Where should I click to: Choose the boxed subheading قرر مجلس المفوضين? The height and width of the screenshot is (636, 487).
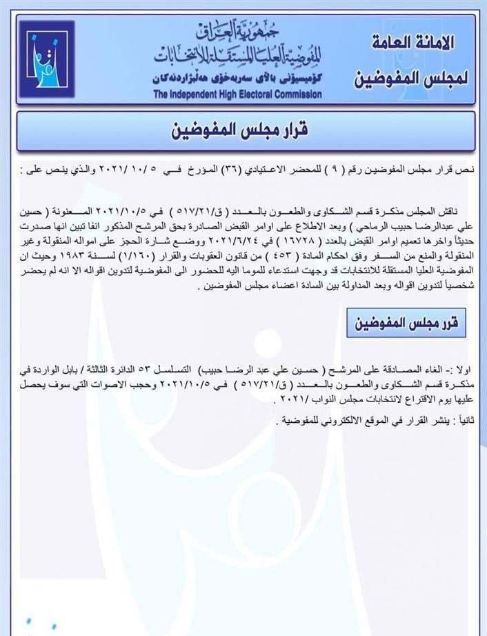[407, 323]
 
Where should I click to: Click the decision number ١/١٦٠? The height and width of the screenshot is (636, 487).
[148, 256]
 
